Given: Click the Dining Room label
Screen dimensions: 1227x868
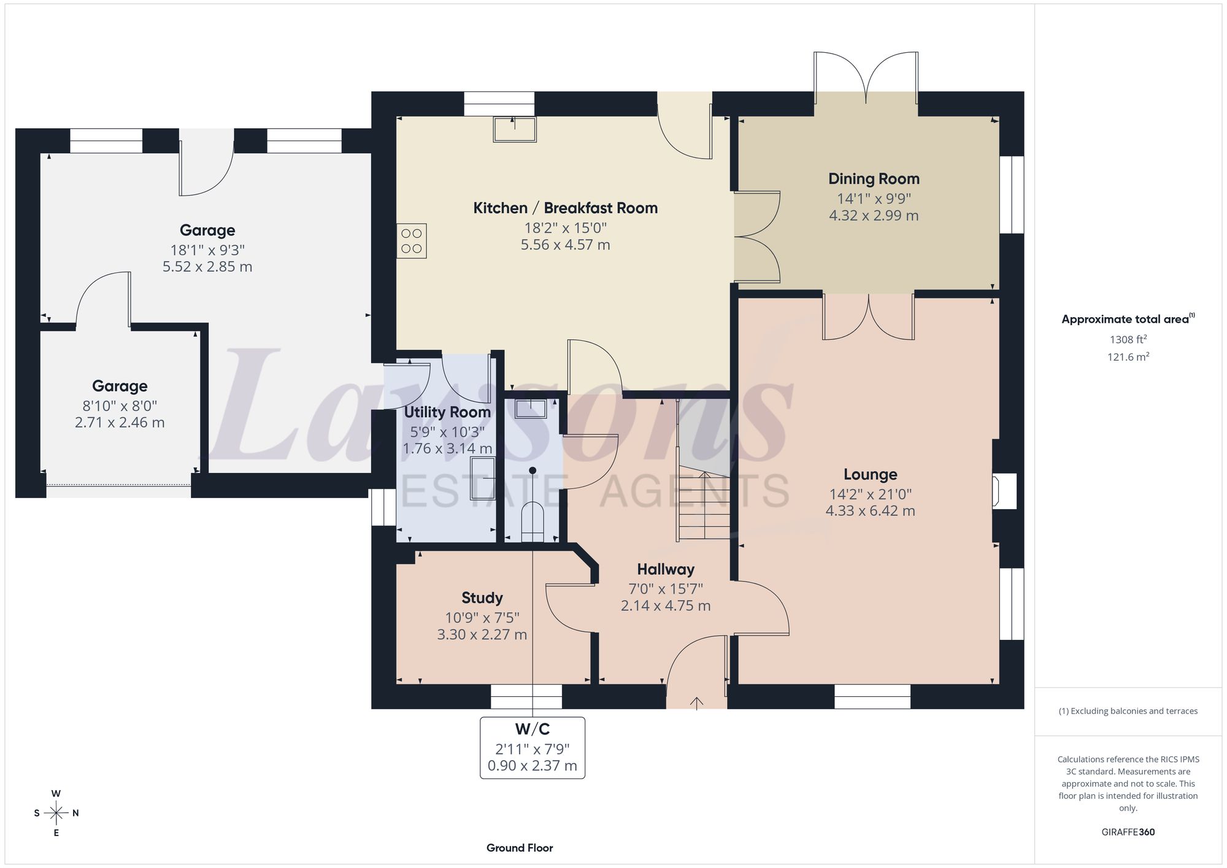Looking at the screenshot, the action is (874, 179).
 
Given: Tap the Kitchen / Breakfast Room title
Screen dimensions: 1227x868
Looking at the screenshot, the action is (565, 208).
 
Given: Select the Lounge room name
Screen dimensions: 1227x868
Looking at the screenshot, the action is (870, 474).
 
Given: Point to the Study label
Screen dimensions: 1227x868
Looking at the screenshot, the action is (482, 598).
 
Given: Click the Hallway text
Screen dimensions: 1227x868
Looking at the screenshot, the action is (666, 569).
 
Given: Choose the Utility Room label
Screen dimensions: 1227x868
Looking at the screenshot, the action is (447, 412).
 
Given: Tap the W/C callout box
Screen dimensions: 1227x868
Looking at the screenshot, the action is (533, 748).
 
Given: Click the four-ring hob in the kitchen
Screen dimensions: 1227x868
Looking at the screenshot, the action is (412, 240).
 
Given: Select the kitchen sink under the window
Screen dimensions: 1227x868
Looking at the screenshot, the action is (515, 129).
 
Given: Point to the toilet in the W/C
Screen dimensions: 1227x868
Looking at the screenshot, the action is (533, 523).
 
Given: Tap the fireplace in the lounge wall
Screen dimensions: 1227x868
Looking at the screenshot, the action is (1004, 491).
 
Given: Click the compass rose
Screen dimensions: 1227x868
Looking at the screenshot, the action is (56, 813).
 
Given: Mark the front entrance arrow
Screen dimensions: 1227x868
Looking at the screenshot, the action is (697, 703).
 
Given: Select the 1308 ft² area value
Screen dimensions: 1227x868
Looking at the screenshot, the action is (1128, 339).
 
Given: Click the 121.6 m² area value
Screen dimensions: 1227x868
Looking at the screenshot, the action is (1128, 357).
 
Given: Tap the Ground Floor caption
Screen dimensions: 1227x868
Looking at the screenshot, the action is (520, 848).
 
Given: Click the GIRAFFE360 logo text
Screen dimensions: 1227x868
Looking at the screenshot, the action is (1128, 832).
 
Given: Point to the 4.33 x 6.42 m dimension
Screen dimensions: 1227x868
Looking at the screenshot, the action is (870, 511).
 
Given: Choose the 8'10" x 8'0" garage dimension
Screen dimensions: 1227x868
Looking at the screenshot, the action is (120, 406).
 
